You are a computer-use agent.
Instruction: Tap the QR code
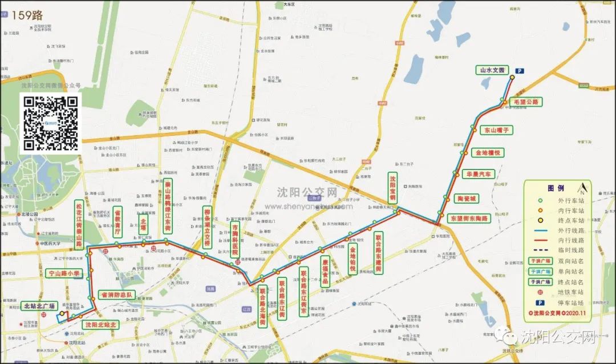click(x=51, y=123)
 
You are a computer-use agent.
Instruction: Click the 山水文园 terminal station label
click(x=492, y=71)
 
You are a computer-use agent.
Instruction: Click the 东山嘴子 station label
click(x=496, y=130)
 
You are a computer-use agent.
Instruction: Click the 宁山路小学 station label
click(x=64, y=274)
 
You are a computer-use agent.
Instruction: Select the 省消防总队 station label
click(x=116, y=295)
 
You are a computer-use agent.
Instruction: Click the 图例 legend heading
click(x=556, y=188)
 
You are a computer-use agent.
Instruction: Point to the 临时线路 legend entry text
click(x=572, y=250)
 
